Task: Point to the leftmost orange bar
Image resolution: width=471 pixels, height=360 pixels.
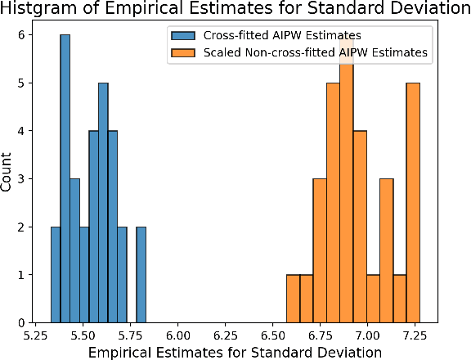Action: point(293,299)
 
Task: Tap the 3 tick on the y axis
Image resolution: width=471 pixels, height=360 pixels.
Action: point(25,178)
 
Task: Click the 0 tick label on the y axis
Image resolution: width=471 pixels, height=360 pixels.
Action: point(25,322)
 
